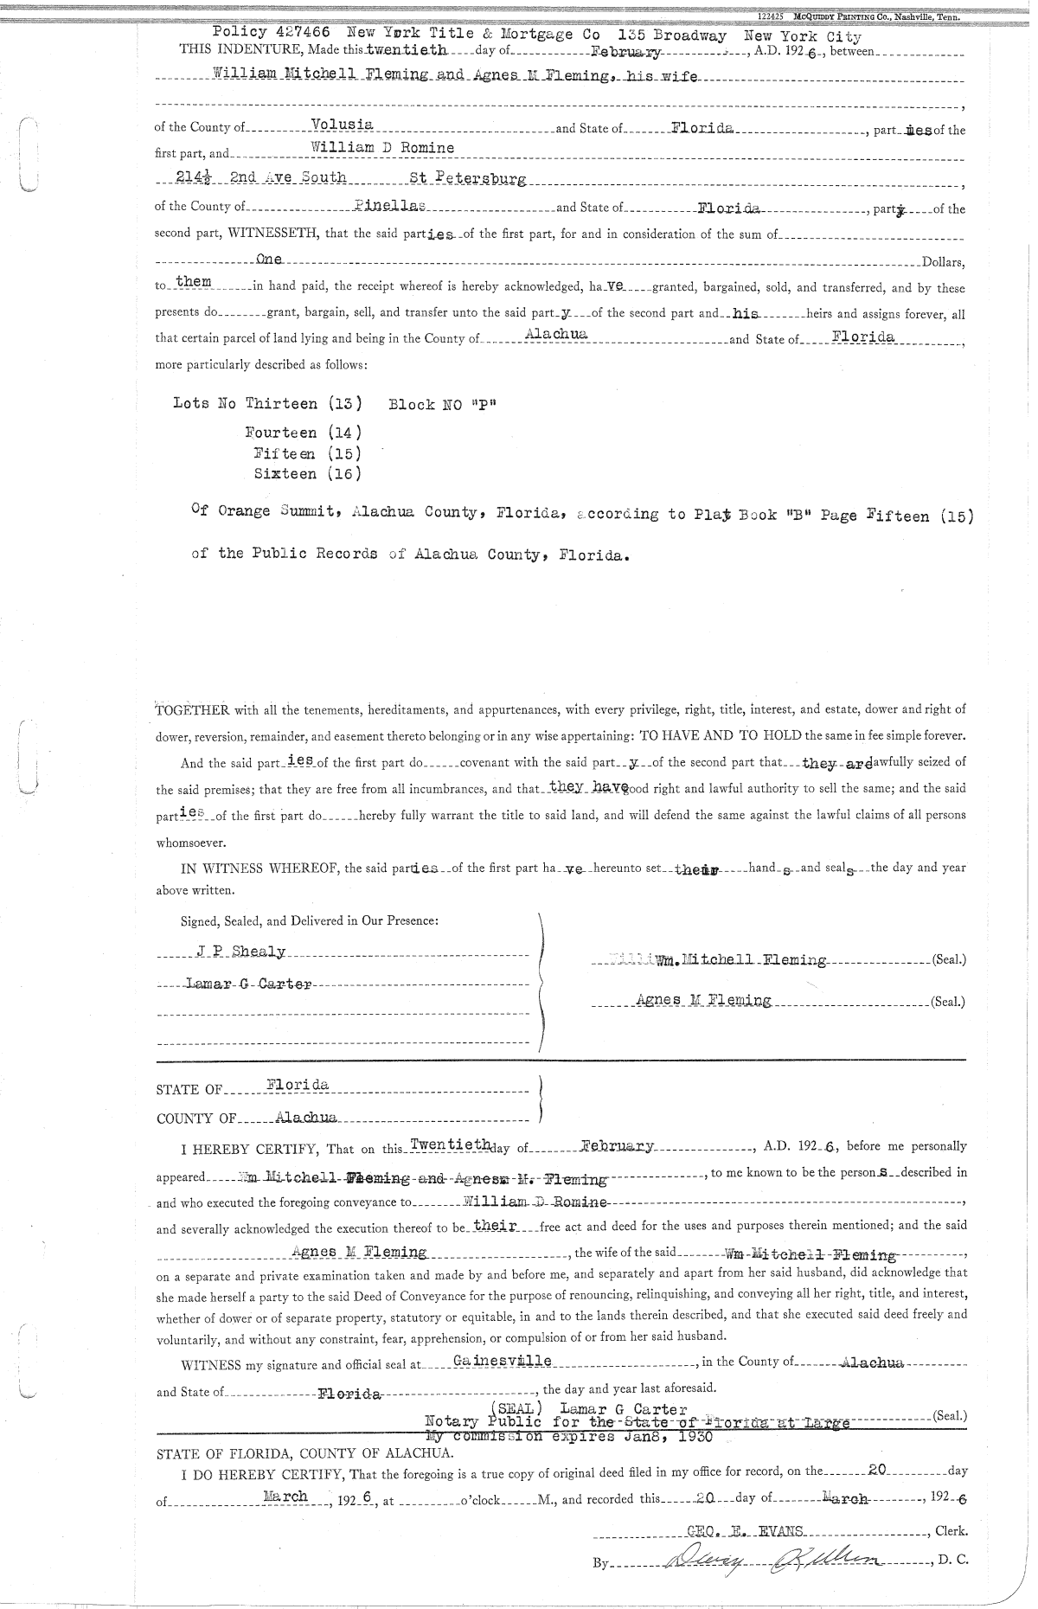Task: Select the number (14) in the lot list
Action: click(344, 433)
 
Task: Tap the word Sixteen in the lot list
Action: click(285, 474)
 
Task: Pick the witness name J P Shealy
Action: click(240, 952)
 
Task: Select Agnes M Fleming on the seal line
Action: click(702, 1001)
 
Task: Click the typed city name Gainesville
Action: click(503, 1361)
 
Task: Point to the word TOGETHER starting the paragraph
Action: click(192, 710)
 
